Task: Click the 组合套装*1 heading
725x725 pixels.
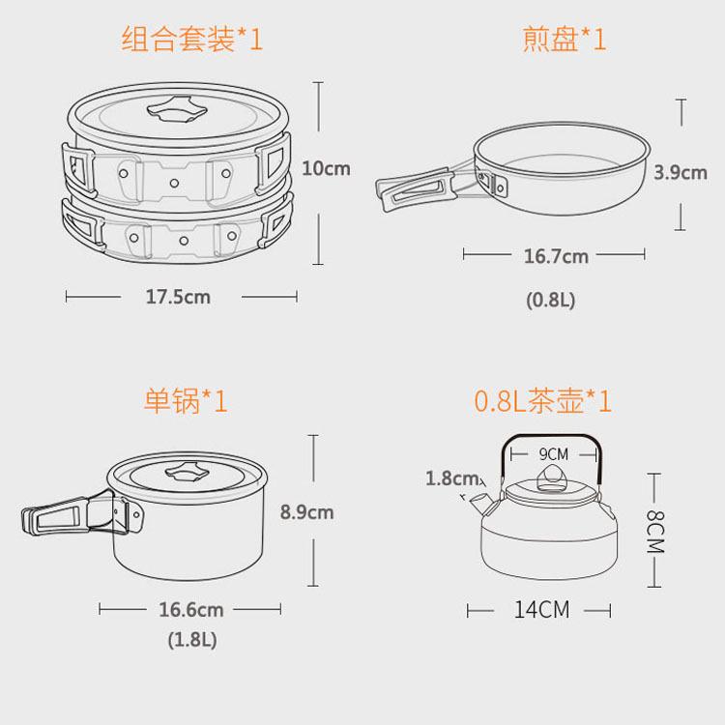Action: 192,39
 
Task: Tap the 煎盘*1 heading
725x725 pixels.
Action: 564,39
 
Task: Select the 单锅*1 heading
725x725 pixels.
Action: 186,400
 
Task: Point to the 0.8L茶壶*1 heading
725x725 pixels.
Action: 543,400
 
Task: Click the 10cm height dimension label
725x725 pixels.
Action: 326,168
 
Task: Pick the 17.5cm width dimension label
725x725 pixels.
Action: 178,297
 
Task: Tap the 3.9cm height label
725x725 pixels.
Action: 681,172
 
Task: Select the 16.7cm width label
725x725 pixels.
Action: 556,256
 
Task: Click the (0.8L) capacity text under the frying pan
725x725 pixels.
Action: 550,300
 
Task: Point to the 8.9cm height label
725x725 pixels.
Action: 306,511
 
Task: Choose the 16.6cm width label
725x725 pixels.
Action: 191,609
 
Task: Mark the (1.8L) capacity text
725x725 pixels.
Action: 192,640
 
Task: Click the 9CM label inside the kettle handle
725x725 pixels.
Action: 554,454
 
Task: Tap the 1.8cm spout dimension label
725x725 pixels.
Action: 451,478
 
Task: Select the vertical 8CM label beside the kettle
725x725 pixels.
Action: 654,533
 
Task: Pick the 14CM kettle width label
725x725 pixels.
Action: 541,609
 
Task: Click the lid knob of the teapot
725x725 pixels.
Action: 550,479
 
